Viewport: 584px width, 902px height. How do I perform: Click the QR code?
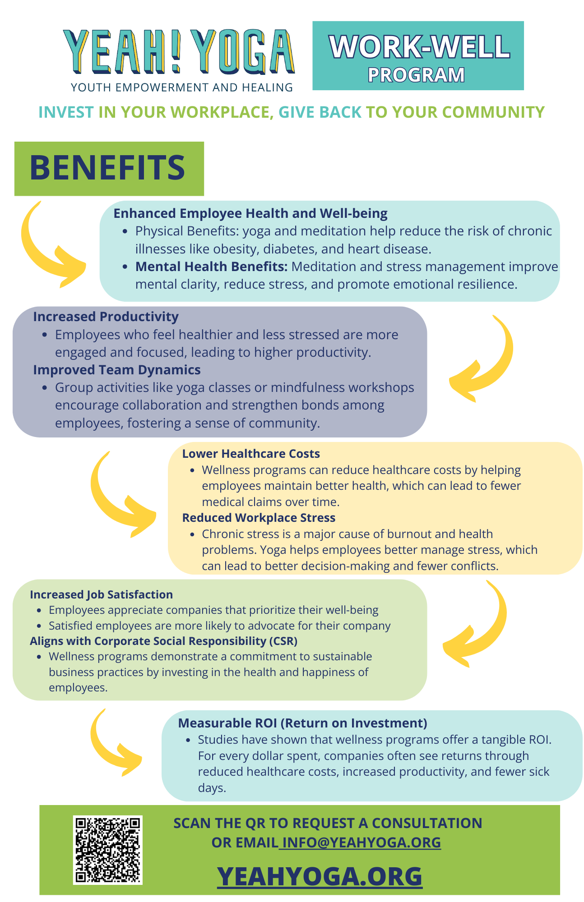(x=107, y=850)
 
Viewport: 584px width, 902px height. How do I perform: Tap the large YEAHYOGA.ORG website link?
(x=320, y=876)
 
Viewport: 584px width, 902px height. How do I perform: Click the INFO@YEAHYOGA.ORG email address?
(x=360, y=842)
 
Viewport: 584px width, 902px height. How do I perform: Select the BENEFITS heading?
(x=107, y=168)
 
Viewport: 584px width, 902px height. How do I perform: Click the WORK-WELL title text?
(x=419, y=46)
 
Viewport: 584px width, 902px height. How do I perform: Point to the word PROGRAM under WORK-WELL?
(x=416, y=75)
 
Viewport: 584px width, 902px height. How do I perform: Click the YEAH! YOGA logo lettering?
(x=179, y=52)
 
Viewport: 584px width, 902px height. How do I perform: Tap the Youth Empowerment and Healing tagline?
(x=182, y=87)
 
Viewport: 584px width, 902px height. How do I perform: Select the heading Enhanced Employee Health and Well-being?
(x=250, y=213)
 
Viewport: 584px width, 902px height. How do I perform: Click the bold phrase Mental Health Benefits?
(x=211, y=267)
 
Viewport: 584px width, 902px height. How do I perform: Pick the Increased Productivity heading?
(x=106, y=317)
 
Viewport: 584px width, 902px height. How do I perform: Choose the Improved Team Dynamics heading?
(x=116, y=370)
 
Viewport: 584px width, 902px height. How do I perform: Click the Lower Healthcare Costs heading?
(x=251, y=454)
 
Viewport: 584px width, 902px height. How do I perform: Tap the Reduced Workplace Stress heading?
(x=259, y=518)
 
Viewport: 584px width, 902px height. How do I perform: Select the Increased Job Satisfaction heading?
(x=101, y=594)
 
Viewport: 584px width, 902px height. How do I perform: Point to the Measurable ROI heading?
(x=302, y=723)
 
